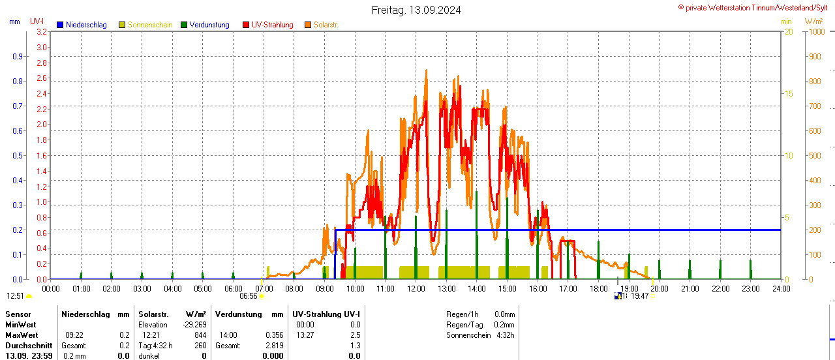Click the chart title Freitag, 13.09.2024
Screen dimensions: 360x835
click(416, 10)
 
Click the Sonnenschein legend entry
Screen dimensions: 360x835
click(149, 25)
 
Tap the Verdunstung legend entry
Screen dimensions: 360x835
click(209, 25)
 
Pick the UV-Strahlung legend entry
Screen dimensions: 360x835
click(272, 25)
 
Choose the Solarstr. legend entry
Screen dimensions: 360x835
click(325, 25)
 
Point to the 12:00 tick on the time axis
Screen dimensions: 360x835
click(416, 288)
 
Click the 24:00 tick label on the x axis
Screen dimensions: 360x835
click(780, 288)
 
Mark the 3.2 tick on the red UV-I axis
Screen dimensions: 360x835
click(42, 31)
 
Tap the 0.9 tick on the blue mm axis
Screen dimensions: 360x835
click(17, 57)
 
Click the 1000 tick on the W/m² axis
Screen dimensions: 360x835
click(816, 31)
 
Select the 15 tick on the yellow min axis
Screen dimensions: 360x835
click(789, 94)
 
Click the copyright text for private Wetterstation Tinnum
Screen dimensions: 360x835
click(755, 7)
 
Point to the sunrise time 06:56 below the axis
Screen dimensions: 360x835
click(249, 296)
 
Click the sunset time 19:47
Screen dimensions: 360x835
click(639, 296)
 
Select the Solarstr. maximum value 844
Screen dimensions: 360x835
click(200, 335)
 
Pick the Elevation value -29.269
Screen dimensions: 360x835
click(194, 325)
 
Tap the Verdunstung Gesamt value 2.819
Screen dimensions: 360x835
click(273, 346)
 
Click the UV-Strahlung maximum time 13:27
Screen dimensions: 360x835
click(305, 335)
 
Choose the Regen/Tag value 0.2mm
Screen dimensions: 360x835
click(504, 325)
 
